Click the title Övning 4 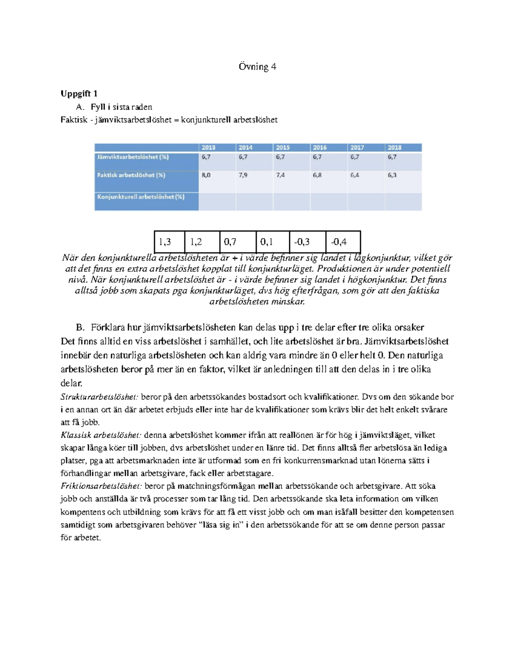(257, 67)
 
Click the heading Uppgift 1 (79, 94)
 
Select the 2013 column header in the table (209, 147)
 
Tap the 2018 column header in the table (394, 147)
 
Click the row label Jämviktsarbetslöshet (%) (133, 157)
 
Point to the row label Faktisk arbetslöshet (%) (131, 175)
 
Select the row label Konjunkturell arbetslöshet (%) (141, 197)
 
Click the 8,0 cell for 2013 (206, 175)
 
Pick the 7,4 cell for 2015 (281, 175)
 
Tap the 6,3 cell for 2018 (392, 175)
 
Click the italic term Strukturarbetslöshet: (100, 397)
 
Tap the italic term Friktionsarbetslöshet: (101, 486)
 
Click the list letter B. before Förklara (80, 328)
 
